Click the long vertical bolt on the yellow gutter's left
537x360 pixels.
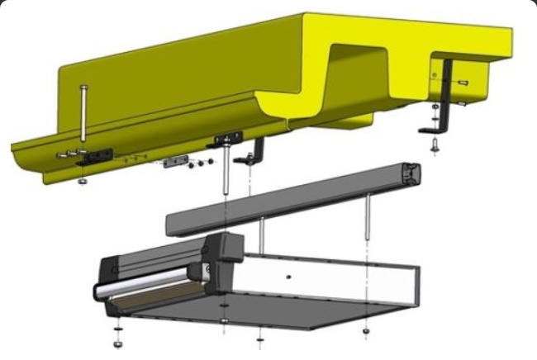tap(83, 116)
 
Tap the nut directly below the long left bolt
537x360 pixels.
tap(81, 181)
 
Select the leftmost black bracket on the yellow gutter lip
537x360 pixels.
tap(98, 154)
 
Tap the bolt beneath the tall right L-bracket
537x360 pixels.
tap(435, 146)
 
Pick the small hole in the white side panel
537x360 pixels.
tap(288, 277)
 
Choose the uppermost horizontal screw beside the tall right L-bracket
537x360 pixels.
tap(462, 83)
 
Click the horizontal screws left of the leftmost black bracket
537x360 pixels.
tap(68, 154)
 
